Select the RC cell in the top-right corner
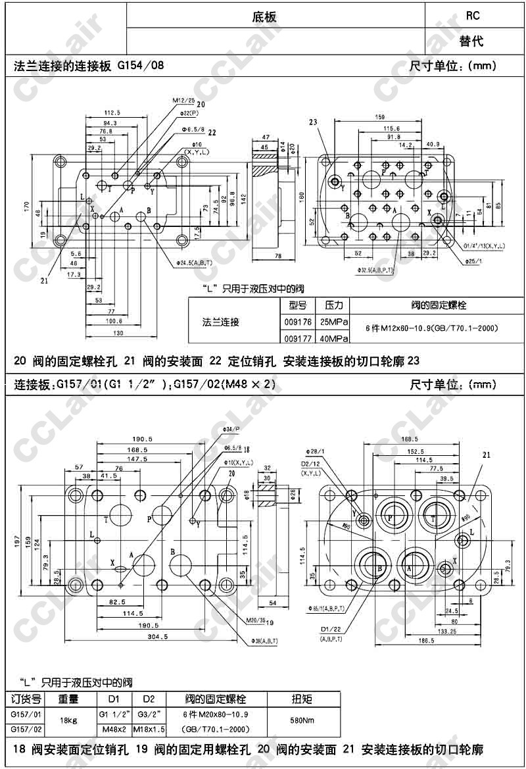[x=472, y=15]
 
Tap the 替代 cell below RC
[x=471, y=41]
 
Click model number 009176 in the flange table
[x=295, y=322]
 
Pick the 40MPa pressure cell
[x=333, y=339]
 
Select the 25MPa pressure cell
[x=333, y=322]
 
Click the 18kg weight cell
[x=68, y=720]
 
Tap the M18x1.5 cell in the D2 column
[x=149, y=729]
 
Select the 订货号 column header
[x=27, y=699]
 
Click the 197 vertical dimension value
[x=9, y=541]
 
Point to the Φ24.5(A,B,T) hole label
[x=195, y=264]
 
